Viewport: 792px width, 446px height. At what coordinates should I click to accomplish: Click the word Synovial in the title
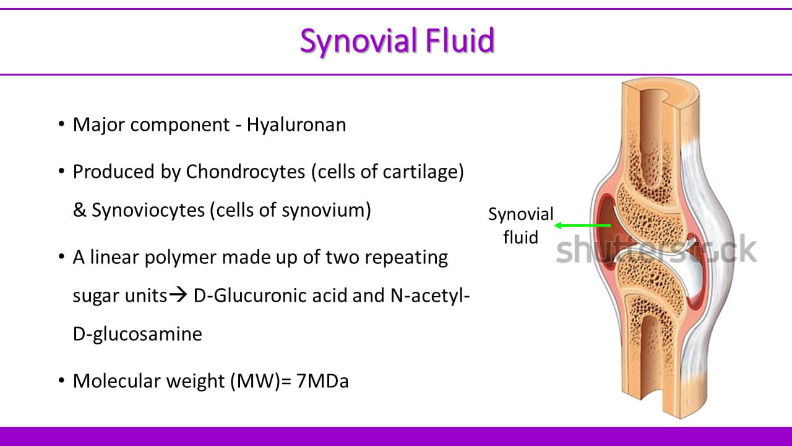click(x=359, y=41)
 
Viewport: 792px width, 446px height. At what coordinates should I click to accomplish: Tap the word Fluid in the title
click(x=460, y=40)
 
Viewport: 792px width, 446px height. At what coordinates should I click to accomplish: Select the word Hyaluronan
click(x=296, y=125)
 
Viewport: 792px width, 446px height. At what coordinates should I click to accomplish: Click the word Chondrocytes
click(x=246, y=172)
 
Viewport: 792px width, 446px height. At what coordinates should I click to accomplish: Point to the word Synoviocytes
click(x=148, y=211)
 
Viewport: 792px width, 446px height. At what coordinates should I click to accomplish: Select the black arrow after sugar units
click(x=178, y=295)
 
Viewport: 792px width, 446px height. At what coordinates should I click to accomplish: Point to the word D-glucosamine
click(x=137, y=334)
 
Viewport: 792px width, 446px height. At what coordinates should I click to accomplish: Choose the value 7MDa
click(x=322, y=381)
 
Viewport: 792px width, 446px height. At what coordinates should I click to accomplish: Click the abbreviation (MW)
click(x=256, y=382)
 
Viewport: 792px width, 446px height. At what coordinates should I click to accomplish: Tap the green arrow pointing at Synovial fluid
click(x=583, y=225)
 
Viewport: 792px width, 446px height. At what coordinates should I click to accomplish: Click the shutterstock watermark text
click(x=656, y=250)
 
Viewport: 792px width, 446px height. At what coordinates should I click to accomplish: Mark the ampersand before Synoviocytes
click(x=80, y=210)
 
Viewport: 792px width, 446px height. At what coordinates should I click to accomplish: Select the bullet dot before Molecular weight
click(x=61, y=380)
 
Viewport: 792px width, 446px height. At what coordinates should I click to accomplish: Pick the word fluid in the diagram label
click(x=521, y=237)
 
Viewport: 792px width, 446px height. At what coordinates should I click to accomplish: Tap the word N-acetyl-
click(x=430, y=296)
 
